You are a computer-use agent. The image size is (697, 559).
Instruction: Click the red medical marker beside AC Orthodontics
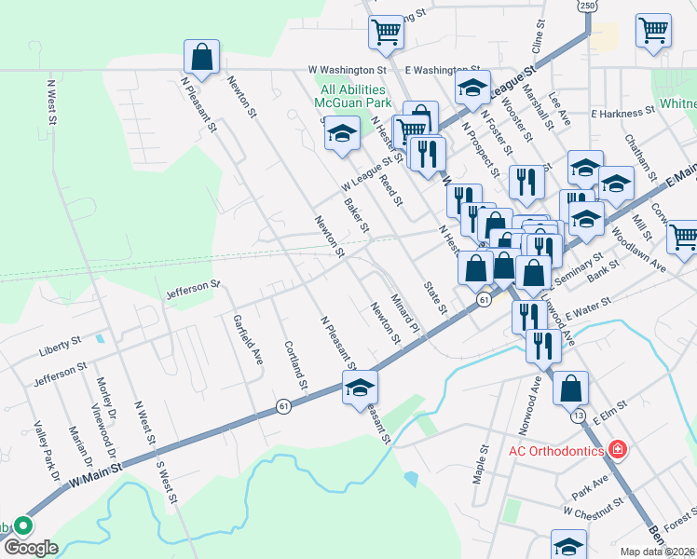[x=617, y=450]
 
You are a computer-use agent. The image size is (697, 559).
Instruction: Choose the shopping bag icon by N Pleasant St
[x=201, y=57]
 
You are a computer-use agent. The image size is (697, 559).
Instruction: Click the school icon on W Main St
[x=360, y=389]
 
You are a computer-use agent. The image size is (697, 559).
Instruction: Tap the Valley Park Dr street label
[x=46, y=457]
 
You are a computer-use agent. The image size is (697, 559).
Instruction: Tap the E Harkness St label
[x=622, y=113]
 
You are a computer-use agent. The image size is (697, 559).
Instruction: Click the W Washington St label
[x=348, y=70]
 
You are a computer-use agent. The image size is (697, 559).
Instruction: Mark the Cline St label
[x=537, y=37]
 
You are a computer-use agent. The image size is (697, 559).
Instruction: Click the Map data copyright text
[x=658, y=552]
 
